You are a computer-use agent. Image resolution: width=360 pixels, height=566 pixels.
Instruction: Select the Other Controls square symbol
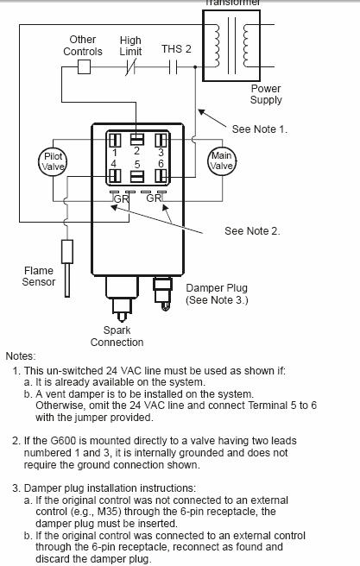pyautogui.click(x=84, y=66)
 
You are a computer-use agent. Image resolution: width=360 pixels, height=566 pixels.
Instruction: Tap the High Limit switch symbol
pyautogui.click(x=130, y=67)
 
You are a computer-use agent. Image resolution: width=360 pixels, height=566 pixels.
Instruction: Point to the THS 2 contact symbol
pyautogui.click(x=174, y=67)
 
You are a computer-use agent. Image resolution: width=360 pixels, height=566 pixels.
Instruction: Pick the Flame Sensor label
pyautogui.click(x=39, y=276)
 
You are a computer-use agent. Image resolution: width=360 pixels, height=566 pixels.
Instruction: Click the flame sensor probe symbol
pyautogui.click(x=67, y=268)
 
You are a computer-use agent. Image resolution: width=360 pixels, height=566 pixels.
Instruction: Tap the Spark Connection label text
pyautogui.click(x=117, y=336)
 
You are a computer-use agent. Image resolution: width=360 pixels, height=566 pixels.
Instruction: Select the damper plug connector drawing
pyautogui.click(x=162, y=293)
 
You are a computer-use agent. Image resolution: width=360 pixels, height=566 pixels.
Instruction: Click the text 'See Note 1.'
pyautogui.click(x=259, y=129)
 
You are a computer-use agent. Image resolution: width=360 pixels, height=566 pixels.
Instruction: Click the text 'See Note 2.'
pyautogui.click(x=252, y=230)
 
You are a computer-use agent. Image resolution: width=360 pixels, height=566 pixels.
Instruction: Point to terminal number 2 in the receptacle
pyautogui.click(x=136, y=150)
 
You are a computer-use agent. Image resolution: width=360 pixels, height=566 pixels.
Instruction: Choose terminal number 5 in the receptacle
pyautogui.click(x=137, y=164)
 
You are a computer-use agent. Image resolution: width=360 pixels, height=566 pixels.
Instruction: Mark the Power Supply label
pyautogui.click(x=266, y=94)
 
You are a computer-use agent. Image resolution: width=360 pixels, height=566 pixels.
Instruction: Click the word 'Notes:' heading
pyautogui.click(x=21, y=356)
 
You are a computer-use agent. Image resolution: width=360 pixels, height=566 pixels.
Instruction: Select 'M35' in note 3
pyautogui.click(x=105, y=512)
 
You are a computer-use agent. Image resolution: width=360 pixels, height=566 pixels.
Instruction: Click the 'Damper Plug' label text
pyautogui.click(x=217, y=288)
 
